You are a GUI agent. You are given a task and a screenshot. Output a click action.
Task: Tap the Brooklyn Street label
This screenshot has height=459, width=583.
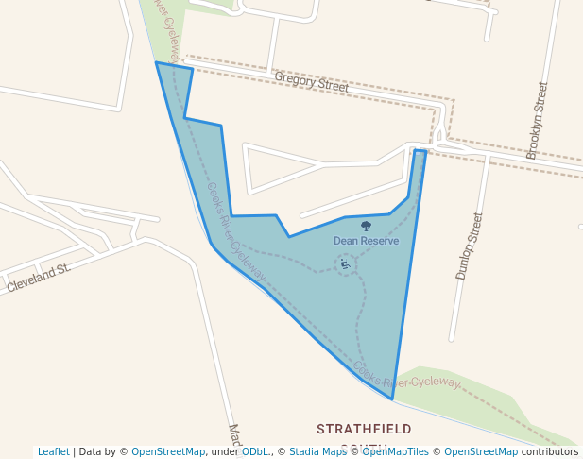[x=537, y=120]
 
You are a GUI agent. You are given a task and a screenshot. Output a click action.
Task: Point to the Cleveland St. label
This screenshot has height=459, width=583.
[x=39, y=277]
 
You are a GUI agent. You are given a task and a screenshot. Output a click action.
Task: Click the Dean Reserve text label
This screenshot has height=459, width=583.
[x=366, y=241]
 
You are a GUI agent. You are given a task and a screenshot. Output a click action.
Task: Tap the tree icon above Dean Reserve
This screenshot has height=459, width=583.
[x=366, y=226]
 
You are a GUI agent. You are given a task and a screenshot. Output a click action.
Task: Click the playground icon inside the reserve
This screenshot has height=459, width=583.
[x=344, y=263]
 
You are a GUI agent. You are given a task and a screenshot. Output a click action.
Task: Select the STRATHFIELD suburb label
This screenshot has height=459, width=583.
[x=365, y=429]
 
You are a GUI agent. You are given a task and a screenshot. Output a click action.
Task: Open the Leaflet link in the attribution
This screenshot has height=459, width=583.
[x=53, y=451]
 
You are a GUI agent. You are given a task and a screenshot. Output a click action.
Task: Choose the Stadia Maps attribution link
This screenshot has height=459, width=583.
[x=317, y=451]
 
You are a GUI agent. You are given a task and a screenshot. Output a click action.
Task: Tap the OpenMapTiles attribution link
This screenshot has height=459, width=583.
[x=396, y=451]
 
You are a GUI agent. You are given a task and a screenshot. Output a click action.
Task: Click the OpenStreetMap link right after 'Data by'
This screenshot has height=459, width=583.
[x=168, y=451]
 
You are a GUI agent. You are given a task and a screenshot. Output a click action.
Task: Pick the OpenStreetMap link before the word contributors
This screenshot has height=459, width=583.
[x=481, y=451]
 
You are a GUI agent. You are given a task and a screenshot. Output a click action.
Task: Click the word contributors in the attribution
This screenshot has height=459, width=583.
[x=550, y=451]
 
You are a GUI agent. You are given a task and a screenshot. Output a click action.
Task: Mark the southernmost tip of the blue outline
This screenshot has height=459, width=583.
[x=392, y=399]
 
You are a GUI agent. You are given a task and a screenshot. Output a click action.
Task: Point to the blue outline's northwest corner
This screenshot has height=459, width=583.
[x=157, y=62]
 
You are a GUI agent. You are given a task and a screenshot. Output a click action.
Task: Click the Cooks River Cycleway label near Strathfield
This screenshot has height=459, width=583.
[x=407, y=377]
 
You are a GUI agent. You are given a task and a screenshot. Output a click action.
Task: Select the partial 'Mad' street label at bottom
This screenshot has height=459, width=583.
[x=234, y=439]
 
